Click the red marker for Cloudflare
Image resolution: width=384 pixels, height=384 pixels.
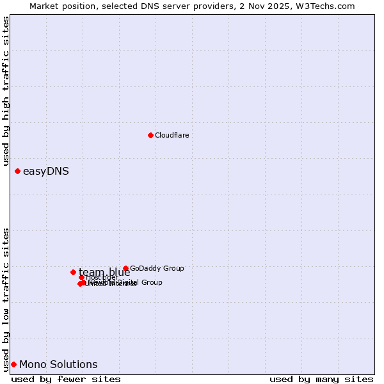click(x=150, y=135)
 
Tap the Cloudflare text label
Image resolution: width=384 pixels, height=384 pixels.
click(x=172, y=135)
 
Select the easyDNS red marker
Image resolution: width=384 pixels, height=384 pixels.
click(x=17, y=171)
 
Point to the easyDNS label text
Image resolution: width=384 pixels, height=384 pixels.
click(x=45, y=171)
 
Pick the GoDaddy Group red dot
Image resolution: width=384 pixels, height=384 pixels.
click(x=125, y=269)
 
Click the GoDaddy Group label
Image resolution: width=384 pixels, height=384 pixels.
click(x=157, y=269)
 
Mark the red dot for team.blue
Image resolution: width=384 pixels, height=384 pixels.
click(x=73, y=272)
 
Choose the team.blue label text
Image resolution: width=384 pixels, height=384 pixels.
click(x=104, y=272)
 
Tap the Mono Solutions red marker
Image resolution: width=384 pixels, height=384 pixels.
click(x=13, y=364)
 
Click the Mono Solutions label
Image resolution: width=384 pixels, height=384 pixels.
click(x=58, y=364)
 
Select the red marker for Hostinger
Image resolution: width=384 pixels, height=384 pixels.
click(x=82, y=277)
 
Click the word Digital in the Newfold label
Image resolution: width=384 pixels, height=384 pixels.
click(x=127, y=282)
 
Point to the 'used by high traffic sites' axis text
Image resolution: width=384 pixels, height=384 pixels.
click(x=6, y=92)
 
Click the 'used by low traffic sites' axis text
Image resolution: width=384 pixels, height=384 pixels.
click(x=6, y=299)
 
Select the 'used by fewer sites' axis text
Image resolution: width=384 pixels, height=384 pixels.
click(x=66, y=379)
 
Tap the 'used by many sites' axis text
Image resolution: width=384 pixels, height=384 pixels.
click(x=321, y=379)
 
